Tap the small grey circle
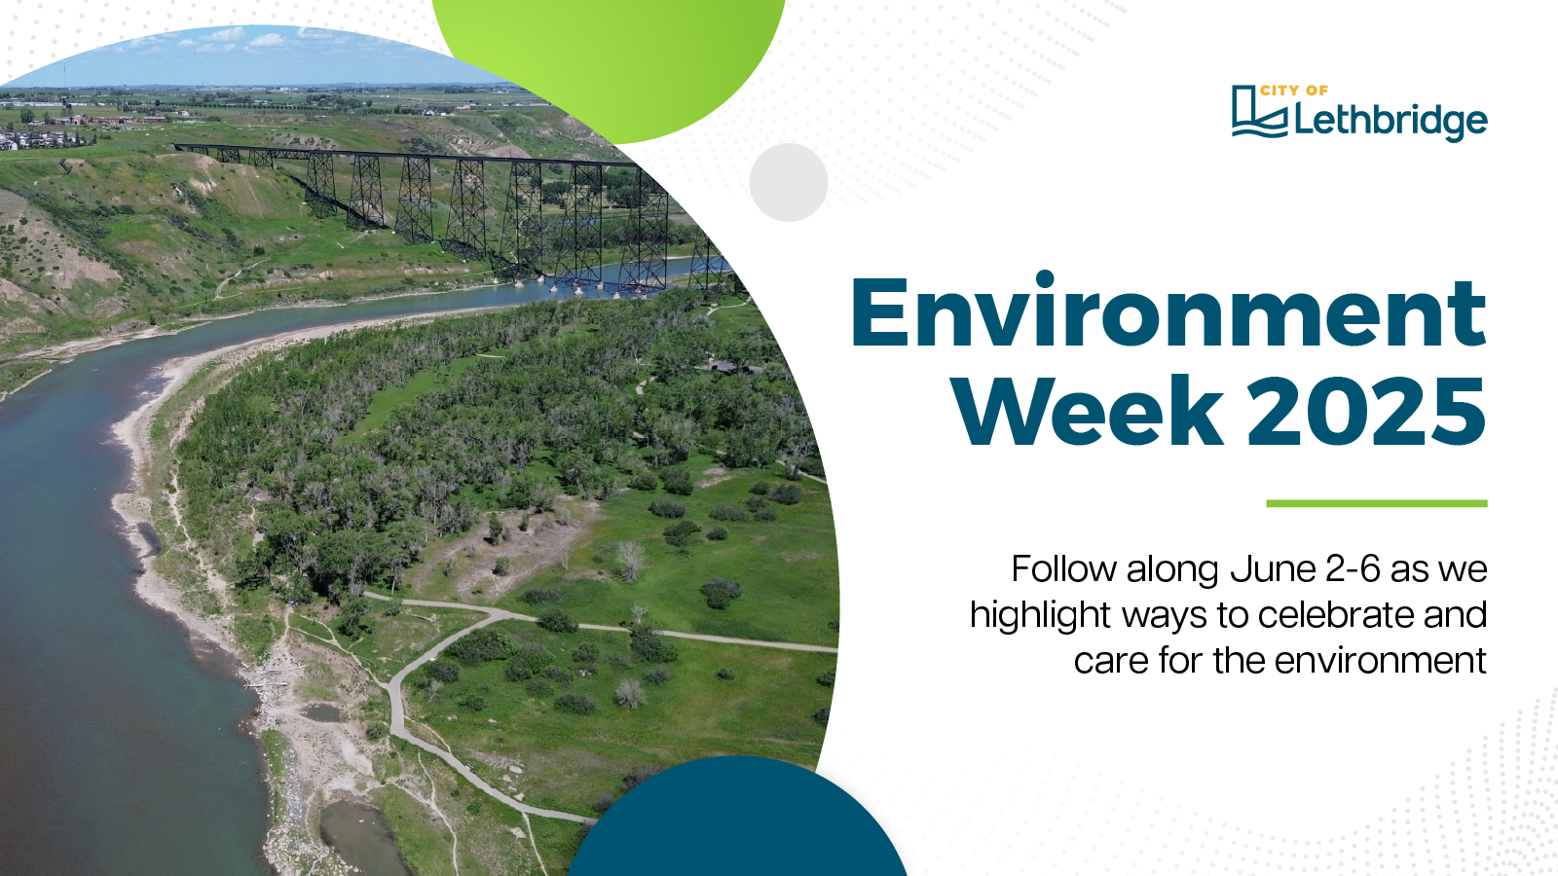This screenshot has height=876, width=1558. (x=788, y=182)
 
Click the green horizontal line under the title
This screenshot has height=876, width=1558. (x=1377, y=503)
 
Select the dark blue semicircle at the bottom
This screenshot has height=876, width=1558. (x=736, y=821)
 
